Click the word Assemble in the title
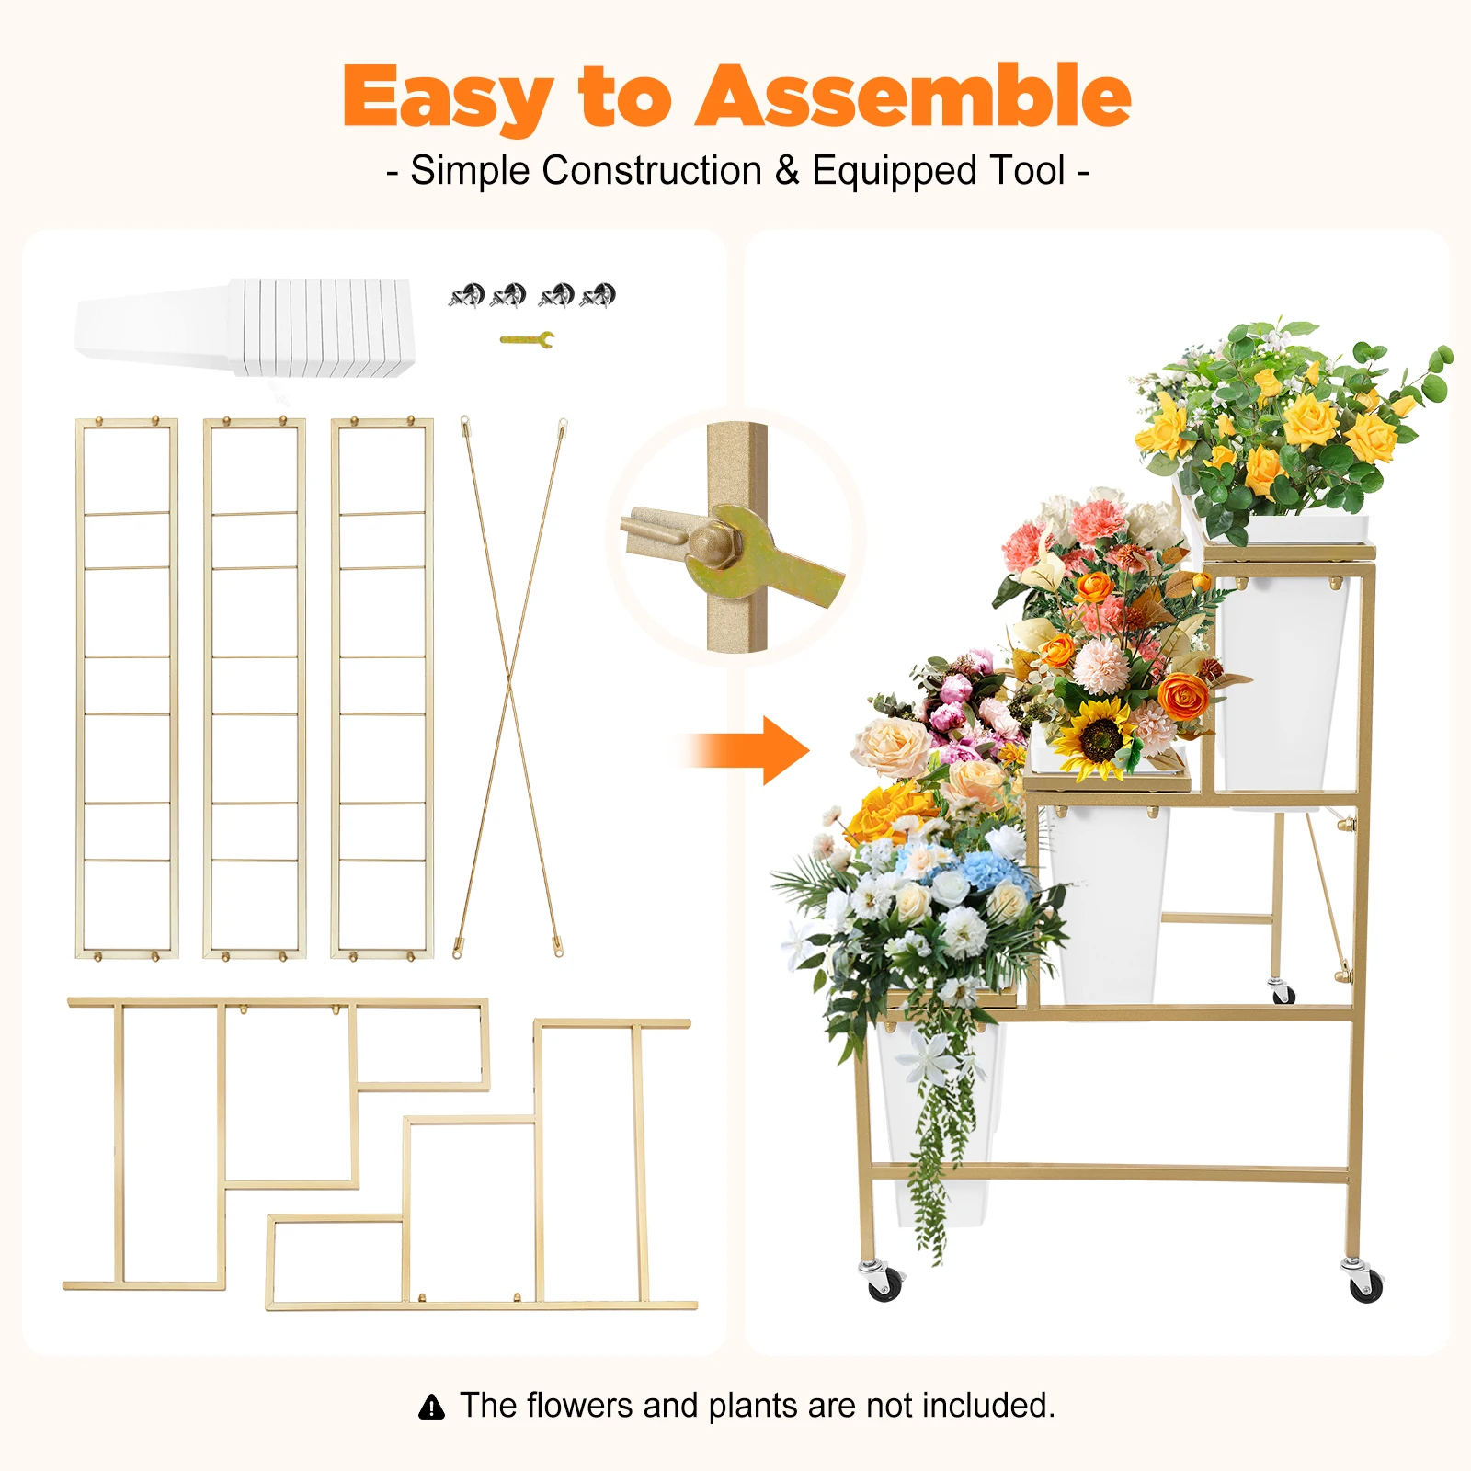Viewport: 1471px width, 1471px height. click(x=913, y=97)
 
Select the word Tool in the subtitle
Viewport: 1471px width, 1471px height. click(x=1027, y=171)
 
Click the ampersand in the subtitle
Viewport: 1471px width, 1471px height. click(x=787, y=171)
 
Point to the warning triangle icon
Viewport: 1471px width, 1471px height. click(x=431, y=1407)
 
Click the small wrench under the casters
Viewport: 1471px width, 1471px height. click(x=528, y=340)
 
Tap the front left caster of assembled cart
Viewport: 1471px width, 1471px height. click(x=884, y=1282)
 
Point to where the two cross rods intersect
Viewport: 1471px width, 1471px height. click(x=511, y=684)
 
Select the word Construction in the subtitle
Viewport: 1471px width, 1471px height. click(x=652, y=171)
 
